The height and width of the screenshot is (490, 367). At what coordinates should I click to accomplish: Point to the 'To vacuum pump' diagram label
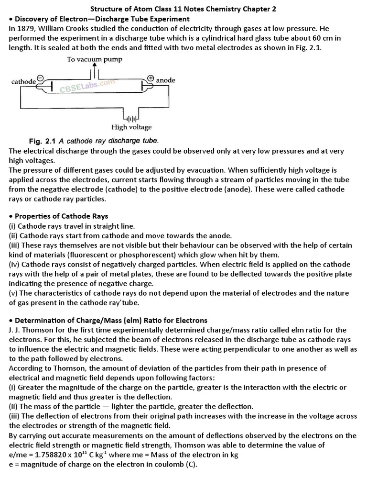[x=94, y=59]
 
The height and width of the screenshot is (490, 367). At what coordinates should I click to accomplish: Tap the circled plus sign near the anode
[x=151, y=78]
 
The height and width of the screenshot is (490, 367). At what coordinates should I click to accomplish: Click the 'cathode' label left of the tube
[x=23, y=82]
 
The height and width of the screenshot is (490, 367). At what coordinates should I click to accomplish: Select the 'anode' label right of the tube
[x=166, y=80]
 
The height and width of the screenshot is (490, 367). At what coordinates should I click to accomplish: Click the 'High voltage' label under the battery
[x=131, y=127]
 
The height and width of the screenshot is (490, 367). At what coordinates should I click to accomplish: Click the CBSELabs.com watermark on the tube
[x=87, y=86]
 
